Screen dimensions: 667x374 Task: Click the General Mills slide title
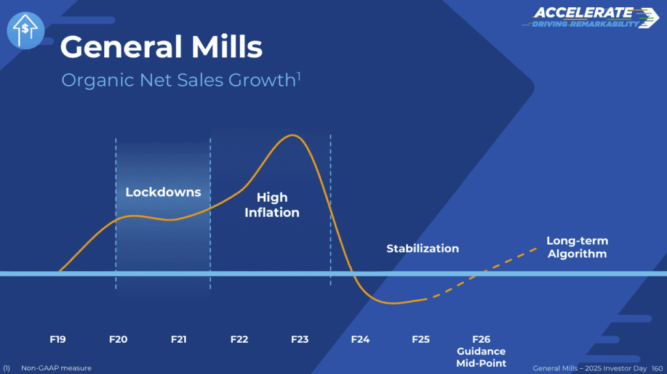(x=162, y=47)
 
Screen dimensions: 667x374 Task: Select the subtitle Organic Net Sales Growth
(x=181, y=80)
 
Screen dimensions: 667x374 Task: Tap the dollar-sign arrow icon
(x=25, y=30)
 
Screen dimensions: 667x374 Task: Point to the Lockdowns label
(x=163, y=192)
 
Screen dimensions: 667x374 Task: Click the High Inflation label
(x=272, y=205)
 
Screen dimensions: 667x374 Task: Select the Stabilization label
(x=422, y=248)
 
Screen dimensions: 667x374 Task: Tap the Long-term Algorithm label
(x=577, y=247)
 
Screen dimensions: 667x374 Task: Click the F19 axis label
(x=58, y=339)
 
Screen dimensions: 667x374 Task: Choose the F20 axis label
(x=119, y=339)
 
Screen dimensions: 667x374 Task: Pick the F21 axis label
(x=178, y=339)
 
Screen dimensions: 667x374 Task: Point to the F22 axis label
(x=239, y=339)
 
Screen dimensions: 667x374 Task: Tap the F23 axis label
(x=300, y=339)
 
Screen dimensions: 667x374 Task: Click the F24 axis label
(x=360, y=339)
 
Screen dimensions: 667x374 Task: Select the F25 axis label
(x=421, y=339)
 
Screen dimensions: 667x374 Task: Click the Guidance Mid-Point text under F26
(x=481, y=358)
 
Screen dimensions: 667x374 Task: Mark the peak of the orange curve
(x=292, y=135)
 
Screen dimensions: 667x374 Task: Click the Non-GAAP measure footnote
(x=56, y=368)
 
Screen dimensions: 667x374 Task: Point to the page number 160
(x=657, y=368)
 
